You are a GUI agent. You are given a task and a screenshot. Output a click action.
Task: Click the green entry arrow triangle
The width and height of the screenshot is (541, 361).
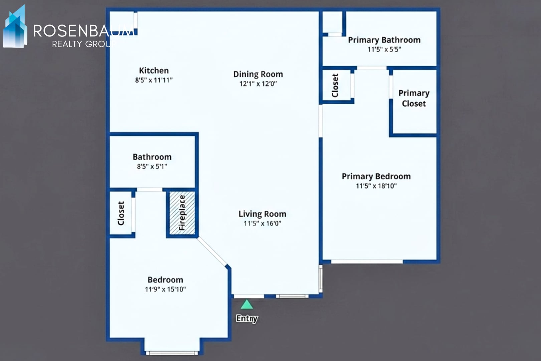tap(247, 305)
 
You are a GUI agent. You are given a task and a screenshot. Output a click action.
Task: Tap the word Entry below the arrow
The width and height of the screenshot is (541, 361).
tap(247, 318)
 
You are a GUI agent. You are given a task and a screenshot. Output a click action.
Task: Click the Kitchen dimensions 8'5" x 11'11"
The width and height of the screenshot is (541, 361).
tap(154, 80)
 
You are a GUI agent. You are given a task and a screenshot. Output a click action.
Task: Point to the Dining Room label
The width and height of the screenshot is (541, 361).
tap(258, 74)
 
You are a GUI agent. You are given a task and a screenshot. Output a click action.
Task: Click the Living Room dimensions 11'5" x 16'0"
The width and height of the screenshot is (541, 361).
tap(262, 224)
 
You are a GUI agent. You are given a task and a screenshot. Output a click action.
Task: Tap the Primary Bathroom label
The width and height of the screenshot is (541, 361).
tap(384, 40)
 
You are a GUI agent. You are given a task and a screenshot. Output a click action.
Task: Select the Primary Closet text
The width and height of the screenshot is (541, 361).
tap(414, 98)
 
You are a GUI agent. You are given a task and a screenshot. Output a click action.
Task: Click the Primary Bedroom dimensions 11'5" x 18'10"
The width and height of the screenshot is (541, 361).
tap(376, 186)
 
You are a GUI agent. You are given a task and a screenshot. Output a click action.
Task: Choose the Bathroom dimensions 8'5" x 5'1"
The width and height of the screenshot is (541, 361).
tap(152, 166)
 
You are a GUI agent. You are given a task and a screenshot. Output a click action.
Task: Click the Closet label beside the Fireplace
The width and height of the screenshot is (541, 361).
tap(121, 213)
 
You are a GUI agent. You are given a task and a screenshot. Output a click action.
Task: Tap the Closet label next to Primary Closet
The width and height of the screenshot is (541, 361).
tap(335, 85)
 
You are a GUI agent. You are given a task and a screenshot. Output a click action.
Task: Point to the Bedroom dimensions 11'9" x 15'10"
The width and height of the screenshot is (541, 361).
tap(165, 289)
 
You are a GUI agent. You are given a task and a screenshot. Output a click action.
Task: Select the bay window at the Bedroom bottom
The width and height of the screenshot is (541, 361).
tap(172, 353)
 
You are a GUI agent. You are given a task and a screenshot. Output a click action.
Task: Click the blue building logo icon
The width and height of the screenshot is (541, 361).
tap(15, 28)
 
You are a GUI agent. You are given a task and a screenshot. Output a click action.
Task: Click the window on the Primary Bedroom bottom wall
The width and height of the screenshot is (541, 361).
tap(367, 261)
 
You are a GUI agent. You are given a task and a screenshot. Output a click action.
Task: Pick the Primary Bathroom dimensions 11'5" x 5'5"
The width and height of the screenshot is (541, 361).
tap(384, 49)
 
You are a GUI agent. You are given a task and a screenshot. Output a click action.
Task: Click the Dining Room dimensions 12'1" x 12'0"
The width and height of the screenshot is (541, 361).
tap(258, 84)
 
